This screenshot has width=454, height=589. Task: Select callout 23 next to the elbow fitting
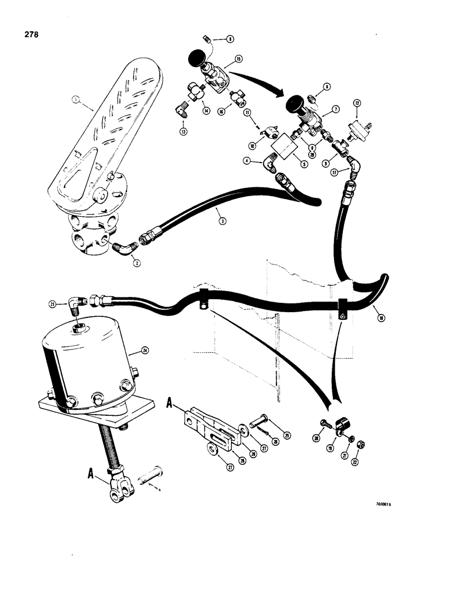click(x=52, y=304)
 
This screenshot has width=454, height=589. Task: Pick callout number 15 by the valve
click(x=238, y=59)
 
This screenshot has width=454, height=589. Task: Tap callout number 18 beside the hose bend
click(x=382, y=318)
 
